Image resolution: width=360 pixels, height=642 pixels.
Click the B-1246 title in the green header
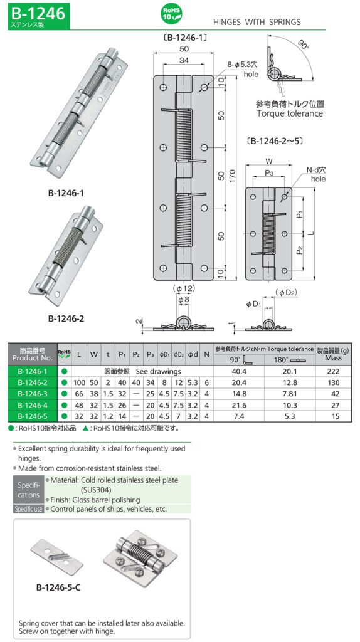[x=38, y=13]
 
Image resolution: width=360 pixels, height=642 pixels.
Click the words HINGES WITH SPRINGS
[x=257, y=22]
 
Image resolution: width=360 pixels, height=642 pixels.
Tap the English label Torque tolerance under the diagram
[x=290, y=113]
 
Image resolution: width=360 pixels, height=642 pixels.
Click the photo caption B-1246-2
[x=66, y=318]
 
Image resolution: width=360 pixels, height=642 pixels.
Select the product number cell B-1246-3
[x=33, y=394]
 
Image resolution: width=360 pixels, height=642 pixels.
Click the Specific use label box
[x=29, y=509]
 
